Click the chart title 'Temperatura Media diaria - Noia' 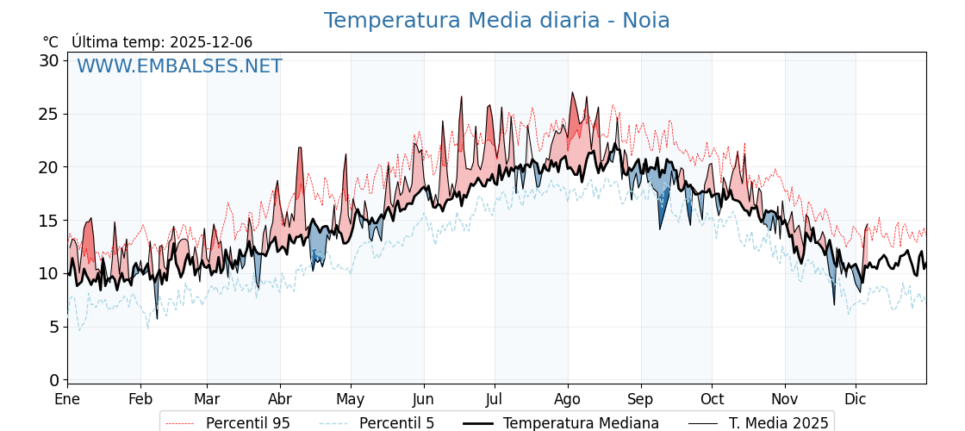(x=496, y=21)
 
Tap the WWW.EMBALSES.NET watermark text (x=179, y=66)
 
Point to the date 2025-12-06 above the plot (x=211, y=42)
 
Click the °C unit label (x=50, y=42)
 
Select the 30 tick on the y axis (x=49, y=60)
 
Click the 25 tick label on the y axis (x=49, y=114)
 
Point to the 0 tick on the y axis (x=54, y=380)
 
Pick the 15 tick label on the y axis (x=49, y=221)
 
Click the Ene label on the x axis (x=67, y=400)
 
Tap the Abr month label (x=280, y=400)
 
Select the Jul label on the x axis (x=495, y=400)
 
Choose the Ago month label (x=567, y=400)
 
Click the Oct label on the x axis (x=712, y=400)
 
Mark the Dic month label (x=856, y=400)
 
